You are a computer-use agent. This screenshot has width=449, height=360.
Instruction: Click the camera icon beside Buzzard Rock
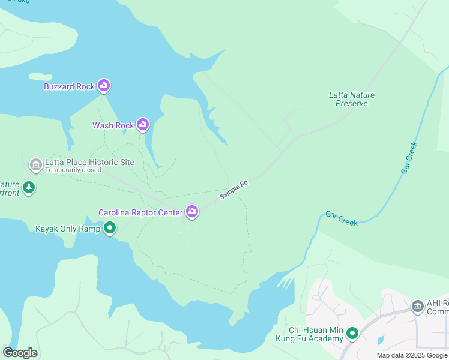coord(104,86)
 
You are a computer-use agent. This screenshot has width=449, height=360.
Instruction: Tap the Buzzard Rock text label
coord(69,86)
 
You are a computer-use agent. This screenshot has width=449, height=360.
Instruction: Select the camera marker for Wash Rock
coord(142,125)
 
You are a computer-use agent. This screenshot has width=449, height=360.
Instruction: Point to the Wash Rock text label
coord(113,125)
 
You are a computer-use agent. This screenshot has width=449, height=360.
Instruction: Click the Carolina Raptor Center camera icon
coord(192,211)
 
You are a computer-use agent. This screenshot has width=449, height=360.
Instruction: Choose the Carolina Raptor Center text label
coord(140,212)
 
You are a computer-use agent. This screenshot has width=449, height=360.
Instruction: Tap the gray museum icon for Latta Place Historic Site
coord(35,164)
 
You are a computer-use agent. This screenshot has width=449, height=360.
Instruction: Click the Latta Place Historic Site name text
coord(89,162)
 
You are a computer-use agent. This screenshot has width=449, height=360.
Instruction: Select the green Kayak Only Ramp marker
coord(110,228)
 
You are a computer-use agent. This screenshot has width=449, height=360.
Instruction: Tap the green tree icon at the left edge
coord(29,188)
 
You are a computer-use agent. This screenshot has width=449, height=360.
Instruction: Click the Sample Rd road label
coord(234,190)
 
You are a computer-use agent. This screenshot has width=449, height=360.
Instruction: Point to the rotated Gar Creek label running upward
coord(409,158)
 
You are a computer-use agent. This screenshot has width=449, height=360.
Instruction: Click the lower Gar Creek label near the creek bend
coord(342,218)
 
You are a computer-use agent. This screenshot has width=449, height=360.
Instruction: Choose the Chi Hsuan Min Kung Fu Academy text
coord(309,335)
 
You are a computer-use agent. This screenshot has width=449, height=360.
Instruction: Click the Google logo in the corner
coord(20,353)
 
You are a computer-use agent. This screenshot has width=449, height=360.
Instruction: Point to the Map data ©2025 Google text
coord(412,355)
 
